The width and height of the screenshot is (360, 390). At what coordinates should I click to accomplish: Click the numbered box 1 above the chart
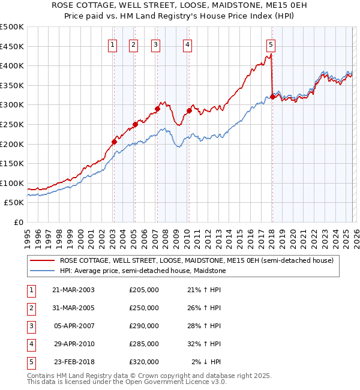[113, 44]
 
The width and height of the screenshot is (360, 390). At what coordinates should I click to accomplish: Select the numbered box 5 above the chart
[271, 44]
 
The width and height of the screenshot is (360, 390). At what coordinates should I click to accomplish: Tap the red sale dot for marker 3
[157, 109]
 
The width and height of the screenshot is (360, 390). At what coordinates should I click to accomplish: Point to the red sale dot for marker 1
[114, 142]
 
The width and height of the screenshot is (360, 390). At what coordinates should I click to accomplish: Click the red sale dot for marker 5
[272, 96]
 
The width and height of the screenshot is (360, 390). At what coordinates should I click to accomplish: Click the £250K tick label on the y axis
[13, 124]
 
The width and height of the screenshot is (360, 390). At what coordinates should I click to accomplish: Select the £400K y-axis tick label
[13, 66]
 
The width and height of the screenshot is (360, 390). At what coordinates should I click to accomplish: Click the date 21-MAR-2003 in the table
[73, 290]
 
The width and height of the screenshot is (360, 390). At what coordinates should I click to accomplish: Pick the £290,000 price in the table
[144, 326]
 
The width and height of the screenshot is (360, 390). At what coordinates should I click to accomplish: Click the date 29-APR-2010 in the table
[73, 344]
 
